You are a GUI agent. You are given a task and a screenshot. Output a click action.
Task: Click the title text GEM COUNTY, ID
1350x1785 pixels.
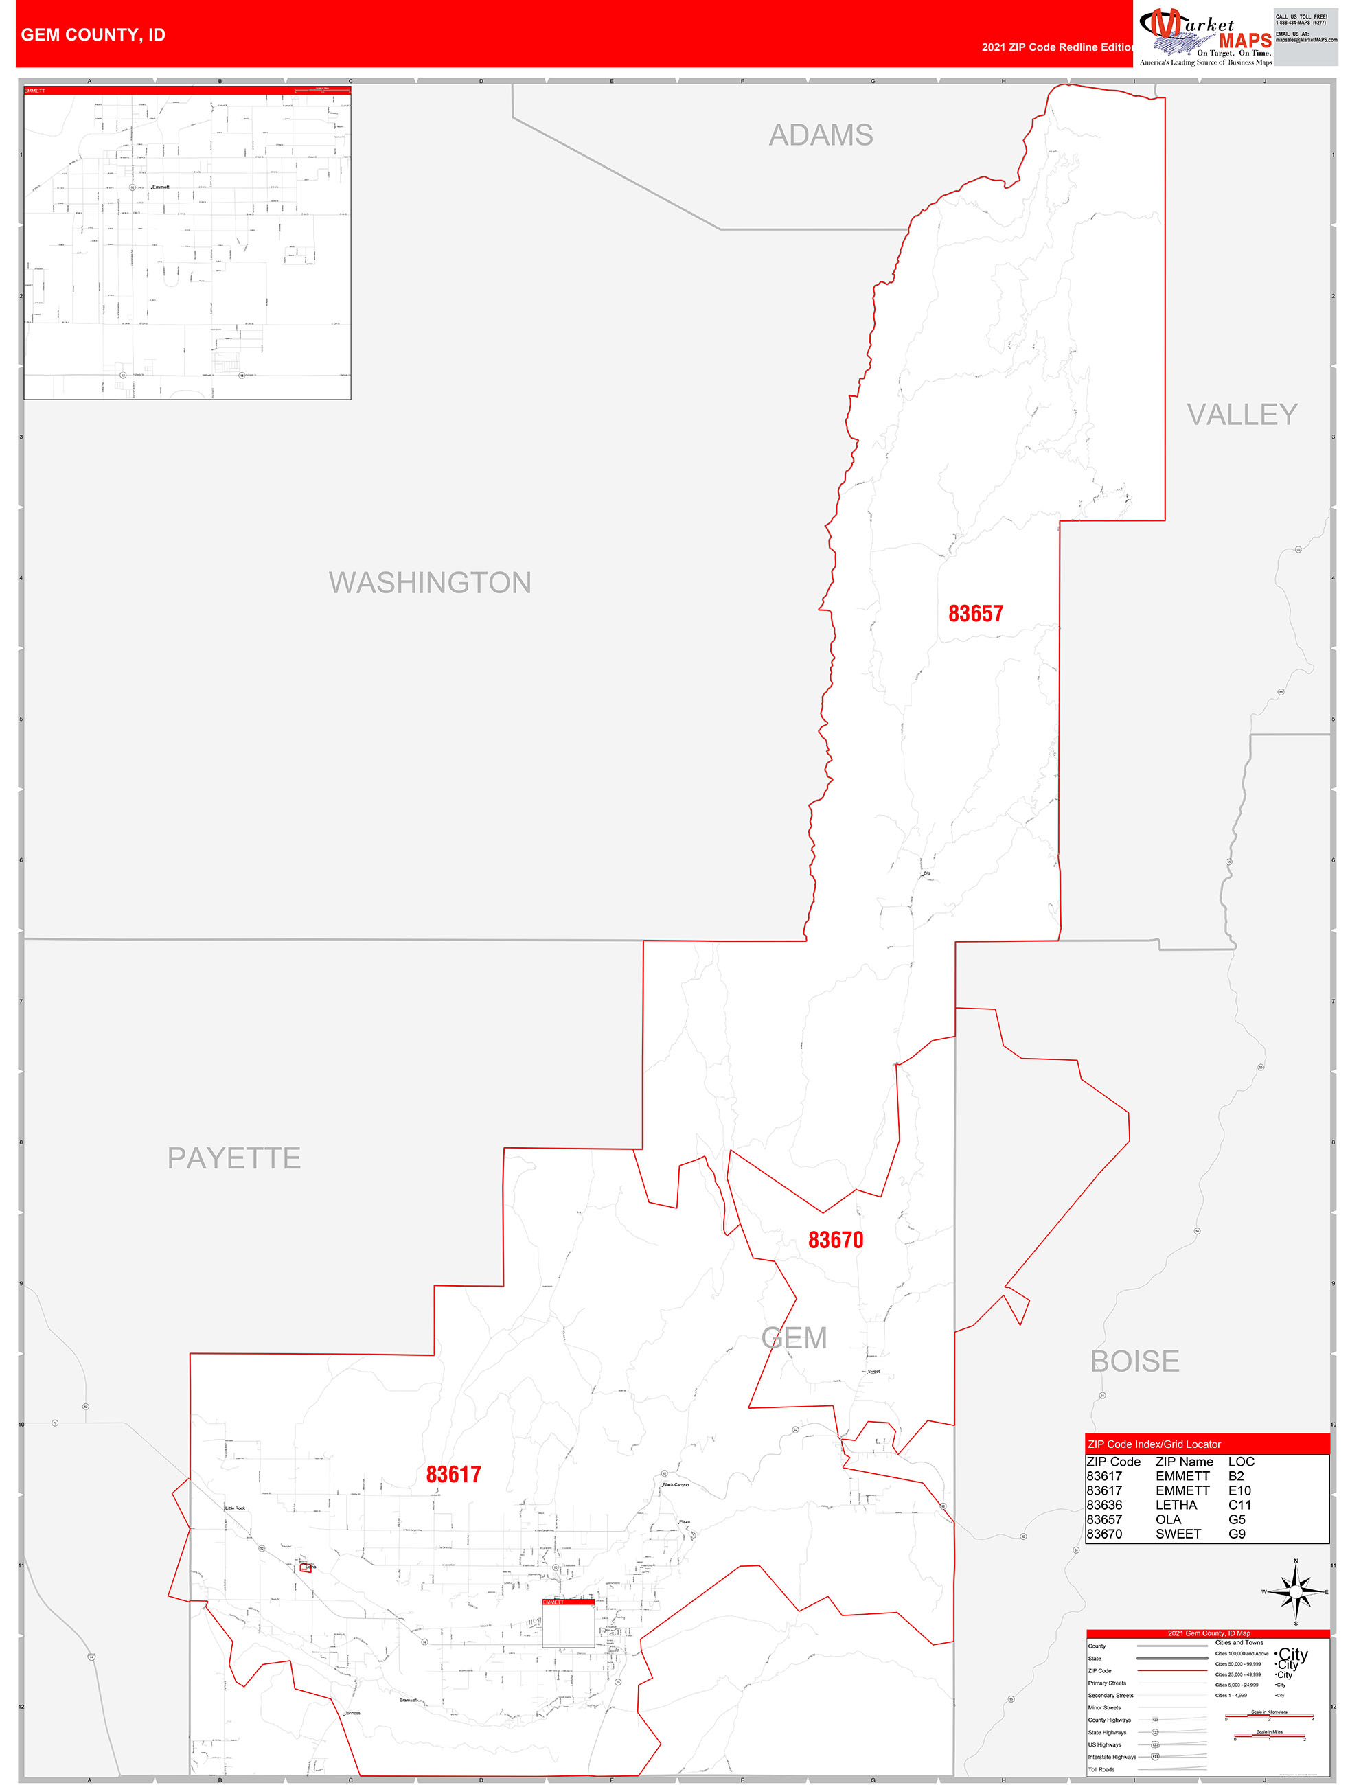[x=93, y=35]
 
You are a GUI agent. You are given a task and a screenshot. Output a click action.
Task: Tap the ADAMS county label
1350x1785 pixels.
[x=821, y=135]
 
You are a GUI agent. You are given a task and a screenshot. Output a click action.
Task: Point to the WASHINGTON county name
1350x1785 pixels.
[x=429, y=583]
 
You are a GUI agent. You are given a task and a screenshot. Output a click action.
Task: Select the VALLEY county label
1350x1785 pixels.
[x=1241, y=415]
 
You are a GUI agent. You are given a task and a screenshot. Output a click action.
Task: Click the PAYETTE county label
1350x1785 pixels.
[x=234, y=1158]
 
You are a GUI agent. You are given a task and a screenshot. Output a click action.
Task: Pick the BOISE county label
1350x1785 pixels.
[x=1134, y=1361]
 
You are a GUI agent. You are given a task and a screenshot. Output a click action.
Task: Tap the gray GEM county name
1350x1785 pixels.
[x=794, y=1338]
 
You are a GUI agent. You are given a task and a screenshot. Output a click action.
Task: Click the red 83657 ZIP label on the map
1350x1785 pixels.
[x=976, y=613]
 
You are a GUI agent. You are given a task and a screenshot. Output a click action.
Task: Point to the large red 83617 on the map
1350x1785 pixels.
[x=453, y=1474]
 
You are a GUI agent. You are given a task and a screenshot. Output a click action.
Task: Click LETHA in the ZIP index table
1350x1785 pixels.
[x=1176, y=1505]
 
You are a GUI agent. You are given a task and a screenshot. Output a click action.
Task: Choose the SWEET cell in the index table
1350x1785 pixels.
[x=1178, y=1534]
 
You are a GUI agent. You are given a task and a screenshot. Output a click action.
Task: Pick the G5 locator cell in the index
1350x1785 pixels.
[x=1236, y=1519]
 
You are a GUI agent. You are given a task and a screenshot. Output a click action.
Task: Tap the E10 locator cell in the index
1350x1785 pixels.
[x=1239, y=1490]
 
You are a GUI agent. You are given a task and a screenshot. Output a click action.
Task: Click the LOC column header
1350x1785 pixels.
[x=1241, y=1462]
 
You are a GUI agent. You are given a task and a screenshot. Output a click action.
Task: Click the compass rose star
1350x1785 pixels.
[x=1296, y=1592]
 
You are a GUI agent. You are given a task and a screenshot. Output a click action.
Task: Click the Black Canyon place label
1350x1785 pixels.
[x=676, y=1485]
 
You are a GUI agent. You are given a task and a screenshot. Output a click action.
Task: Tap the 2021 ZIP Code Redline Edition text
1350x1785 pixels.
[x=1057, y=47]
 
